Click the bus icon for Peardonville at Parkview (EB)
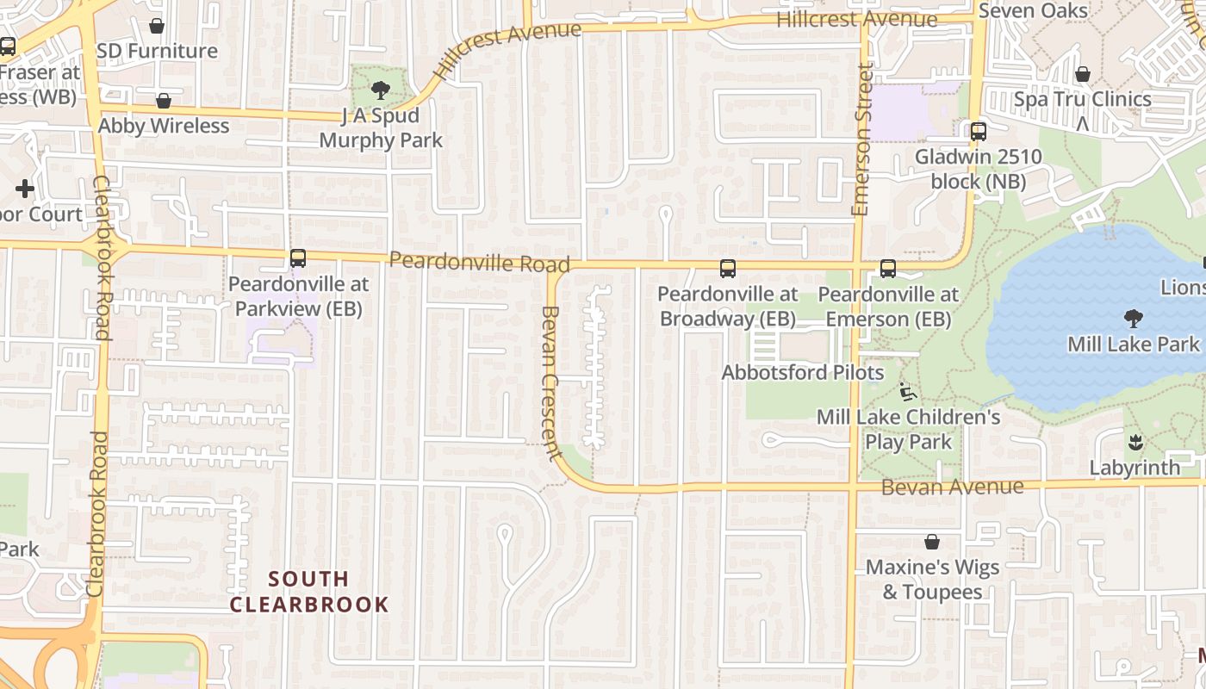pyautogui.click(x=298, y=258)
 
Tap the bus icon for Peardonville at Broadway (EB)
pyautogui.click(x=728, y=269)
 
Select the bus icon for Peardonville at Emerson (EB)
pyautogui.click(x=888, y=269)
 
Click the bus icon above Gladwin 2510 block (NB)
pyautogui.click(x=979, y=132)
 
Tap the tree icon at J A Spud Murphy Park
pyautogui.click(x=380, y=90)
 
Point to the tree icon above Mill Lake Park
pyautogui.click(x=1134, y=319)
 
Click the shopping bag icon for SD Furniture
pyautogui.click(x=157, y=26)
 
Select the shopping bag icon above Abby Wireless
pyautogui.click(x=164, y=101)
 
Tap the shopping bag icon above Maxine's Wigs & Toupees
pyautogui.click(x=931, y=542)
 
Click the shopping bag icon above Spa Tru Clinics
pyautogui.click(x=1083, y=74)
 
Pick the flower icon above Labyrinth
pyautogui.click(x=1135, y=443)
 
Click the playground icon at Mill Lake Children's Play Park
pyautogui.click(x=907, y=392)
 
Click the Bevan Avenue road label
pyautogui.click(x=952, y=487)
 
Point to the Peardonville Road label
pyautogui.click(x=479, y=261)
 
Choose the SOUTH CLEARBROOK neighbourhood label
pyautogui.click(x=309, y=591)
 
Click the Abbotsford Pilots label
pyautogui.click(x=802, y=373)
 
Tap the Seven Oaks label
pyautogui.click(x=1034, y=10)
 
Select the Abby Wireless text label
pyautogui.click(x=164, y=126)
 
